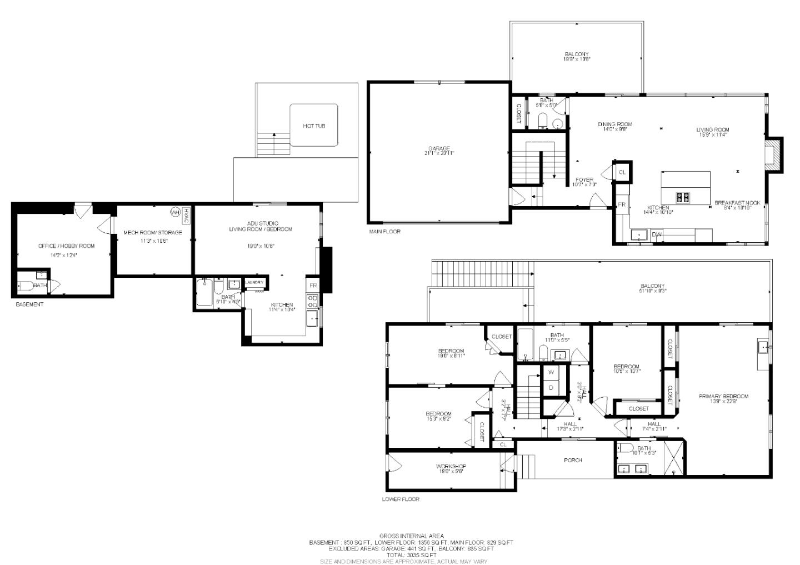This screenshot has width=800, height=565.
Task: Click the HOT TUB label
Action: click(314, 126)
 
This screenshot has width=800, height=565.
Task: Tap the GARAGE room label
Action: click(438, 149)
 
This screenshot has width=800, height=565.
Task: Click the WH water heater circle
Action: click(175, 212)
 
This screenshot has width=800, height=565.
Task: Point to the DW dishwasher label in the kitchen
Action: click(656, 235)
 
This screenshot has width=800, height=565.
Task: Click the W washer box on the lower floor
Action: click(551, 372)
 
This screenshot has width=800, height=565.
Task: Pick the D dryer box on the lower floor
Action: click(551, 388)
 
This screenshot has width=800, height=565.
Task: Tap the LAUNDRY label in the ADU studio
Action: click(254, 282)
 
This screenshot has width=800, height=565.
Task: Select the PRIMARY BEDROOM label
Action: click(723, 396)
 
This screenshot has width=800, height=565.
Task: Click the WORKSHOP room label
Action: click(451, 467)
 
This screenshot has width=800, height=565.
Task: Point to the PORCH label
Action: click(573, 460)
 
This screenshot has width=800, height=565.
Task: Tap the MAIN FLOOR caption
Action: click(384, 232)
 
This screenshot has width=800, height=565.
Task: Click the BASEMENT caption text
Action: click(29, 304)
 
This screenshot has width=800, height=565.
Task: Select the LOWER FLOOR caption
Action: click(401, 499)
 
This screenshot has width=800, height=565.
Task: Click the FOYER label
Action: click(584, 180)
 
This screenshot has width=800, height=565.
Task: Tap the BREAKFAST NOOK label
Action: click(737, 203)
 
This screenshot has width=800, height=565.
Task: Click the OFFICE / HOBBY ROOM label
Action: click(66, 246)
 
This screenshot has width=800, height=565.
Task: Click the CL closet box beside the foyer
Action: click(622, 172)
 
